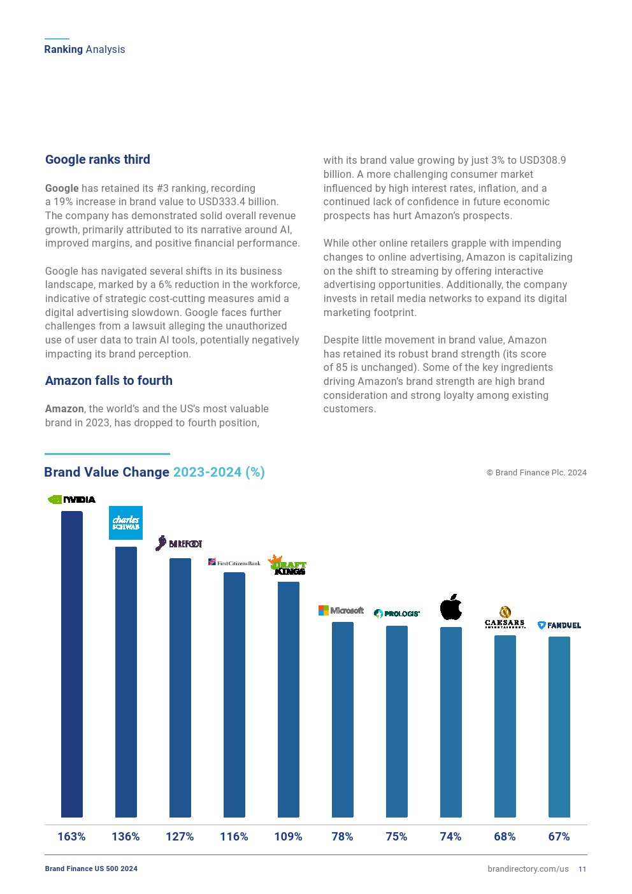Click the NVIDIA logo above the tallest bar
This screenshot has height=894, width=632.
[x=72, y=500]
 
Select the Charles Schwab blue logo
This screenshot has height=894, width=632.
[x=126, y=523]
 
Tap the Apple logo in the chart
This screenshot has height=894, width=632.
[x=451, y=607]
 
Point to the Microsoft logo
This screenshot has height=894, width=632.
[x=341, y=610]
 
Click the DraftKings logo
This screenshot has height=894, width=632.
[x=287, y=565]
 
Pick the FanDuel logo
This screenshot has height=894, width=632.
[x=559, y=625]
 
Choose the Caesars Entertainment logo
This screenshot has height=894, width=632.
[x=505, y=617]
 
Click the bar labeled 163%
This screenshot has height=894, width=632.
[x=72, y=663]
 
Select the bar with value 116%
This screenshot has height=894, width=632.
[x=234, y=695]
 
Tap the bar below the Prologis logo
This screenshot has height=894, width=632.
[x=397, y=720]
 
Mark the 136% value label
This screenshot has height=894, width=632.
[x=126, y=837]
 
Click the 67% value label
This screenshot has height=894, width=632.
[x=559, y=837]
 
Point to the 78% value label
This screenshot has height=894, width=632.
[x=342, y=837]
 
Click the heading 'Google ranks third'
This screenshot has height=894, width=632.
[x=97, y=159]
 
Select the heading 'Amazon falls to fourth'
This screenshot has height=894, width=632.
[x=109, y=380]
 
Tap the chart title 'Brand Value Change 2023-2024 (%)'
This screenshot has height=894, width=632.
[x=154, y=472]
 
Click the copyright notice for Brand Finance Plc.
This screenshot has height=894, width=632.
[x=536, y=473]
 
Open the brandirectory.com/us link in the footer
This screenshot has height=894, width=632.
[x=528, y=869]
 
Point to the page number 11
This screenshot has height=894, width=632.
[x=582, y=869]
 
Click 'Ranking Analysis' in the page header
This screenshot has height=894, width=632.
[x=85, y=50]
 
